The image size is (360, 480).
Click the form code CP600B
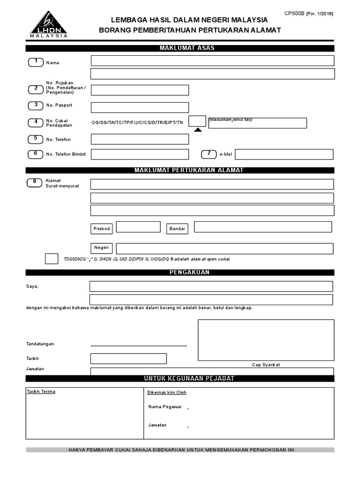click(294, 13)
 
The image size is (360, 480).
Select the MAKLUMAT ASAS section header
click(180, 48)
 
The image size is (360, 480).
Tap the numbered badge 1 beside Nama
click(35, 62)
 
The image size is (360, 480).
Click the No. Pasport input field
click(140, 107)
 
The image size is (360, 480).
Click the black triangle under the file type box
click(197, 129)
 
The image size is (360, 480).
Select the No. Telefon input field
click(140, 139)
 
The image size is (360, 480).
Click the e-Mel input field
click(284, 154)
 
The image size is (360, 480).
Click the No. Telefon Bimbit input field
click(140, 154)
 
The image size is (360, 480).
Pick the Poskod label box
click(102, 229)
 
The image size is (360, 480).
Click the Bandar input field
click(262, 227)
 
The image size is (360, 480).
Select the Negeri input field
click(225, 248)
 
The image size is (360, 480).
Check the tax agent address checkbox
click(52, 259)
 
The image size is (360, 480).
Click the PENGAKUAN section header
click(180, 272)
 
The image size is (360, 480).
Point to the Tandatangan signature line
click(139, 345)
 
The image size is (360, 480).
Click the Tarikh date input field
click(128, 359)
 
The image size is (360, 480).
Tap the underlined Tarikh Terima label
click(41, 391)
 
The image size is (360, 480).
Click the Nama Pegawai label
click(165, 407)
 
